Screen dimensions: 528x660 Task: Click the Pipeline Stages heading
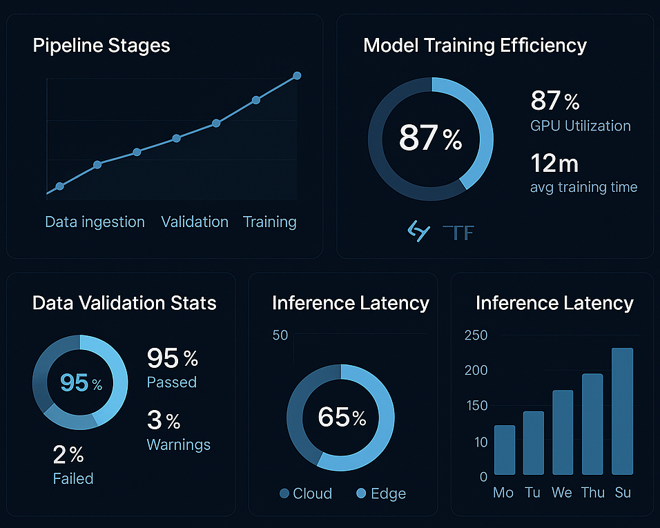coord(101,46)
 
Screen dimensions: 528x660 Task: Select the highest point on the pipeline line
coord(297,75)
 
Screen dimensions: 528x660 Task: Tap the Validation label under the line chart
coord(195,222)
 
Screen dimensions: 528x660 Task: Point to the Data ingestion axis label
coord(95,222)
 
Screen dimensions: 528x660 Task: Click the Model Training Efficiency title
coord(474,46)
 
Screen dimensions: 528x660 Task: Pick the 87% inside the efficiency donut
coord(430,138)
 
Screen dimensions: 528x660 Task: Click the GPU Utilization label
coord(581,126)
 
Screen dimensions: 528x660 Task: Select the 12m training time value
coord(554,164)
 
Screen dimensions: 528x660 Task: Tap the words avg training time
coord(583,187)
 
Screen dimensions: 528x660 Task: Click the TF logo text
coord(458,233)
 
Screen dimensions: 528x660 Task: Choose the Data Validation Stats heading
coord(124,303)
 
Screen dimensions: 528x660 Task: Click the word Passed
coord(172,382)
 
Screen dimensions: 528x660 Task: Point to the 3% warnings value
coord(164,420)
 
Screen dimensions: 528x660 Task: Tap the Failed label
coord(73,478)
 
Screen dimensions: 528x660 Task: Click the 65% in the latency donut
coord(341,417)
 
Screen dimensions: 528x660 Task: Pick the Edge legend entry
coord(381,493)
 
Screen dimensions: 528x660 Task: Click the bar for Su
coord(621,411)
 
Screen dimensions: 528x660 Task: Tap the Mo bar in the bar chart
coord(505,449)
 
